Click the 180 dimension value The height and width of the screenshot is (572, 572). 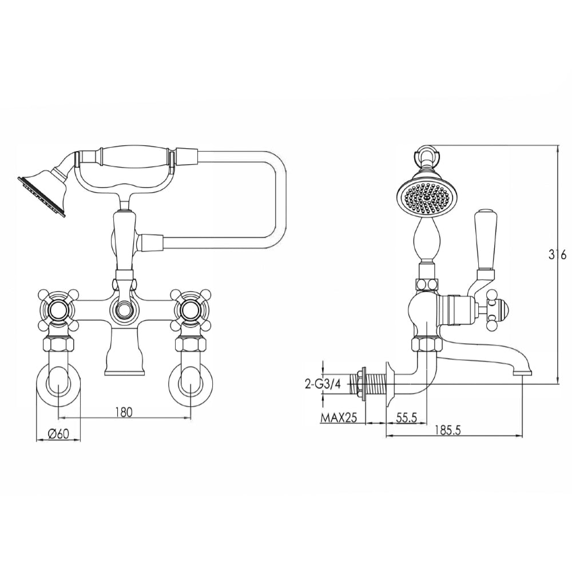pos(124,411)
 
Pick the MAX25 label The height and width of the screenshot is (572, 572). pos(338,418)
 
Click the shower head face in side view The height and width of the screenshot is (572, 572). pos(424,198)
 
